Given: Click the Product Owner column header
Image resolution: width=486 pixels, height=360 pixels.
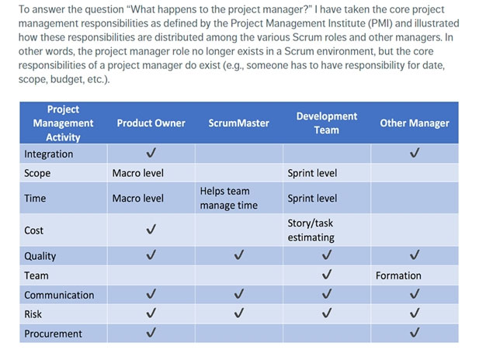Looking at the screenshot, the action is pyautogui.click(x=151, y=123).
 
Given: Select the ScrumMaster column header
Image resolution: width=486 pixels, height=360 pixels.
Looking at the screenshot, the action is pyautogui.click(x=238, y=123).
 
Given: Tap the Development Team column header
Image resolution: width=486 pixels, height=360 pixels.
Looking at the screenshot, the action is pyautogui.click(x=327, y=123).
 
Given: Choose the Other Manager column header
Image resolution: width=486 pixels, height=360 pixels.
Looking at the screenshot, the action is pyautogui.click(x=415, y=123).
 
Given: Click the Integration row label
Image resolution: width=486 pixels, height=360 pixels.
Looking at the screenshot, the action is pyautogui.click(x=49, y=154).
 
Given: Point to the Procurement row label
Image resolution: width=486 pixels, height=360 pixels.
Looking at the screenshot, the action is pyautogui.click(x=53, y=334).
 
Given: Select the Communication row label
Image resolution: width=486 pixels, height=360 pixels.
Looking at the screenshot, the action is pyautogui.click(x=59, y=295).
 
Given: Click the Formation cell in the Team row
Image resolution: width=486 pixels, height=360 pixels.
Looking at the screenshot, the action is pyautogui.click(x=398, y=275).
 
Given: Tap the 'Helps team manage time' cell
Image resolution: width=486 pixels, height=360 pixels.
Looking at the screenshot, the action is pyautogui.click(x=229, y=198).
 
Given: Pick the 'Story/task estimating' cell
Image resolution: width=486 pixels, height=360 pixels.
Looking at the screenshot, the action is pyautogui.click(x=311, y=230).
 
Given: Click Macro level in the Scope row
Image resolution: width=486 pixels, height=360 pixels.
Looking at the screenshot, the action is pyautogui.click(x=138, y=173).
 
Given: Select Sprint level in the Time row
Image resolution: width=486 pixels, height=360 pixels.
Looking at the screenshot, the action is pyautogui.click(x=312, y=199).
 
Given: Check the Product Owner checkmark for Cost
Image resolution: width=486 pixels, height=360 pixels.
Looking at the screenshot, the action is pyautogui.click(x=151, y=229).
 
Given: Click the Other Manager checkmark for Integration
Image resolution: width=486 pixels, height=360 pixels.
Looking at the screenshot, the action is pyautogui.click(x=415, y=152).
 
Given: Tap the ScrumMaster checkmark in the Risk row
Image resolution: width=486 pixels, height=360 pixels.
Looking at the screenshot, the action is pyautogui.click(x=238, y=313).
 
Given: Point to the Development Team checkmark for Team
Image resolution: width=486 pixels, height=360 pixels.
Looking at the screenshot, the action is pyautogui.click(x=327, y=274).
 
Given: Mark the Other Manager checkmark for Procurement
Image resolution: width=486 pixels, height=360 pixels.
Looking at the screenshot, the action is pyautogui.click(x=415, y=332).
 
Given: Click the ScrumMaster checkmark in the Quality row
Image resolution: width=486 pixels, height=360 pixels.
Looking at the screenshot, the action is pyautogui.click(x=238, y=254).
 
